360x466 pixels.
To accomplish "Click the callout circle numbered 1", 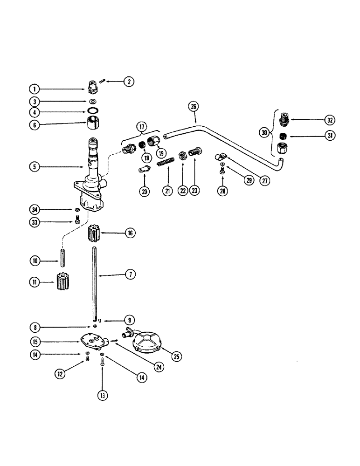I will [x=34, y=88].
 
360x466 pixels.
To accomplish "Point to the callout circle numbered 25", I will [x=176, y=357].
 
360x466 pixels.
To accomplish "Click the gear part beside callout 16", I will [x=95, y=233].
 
